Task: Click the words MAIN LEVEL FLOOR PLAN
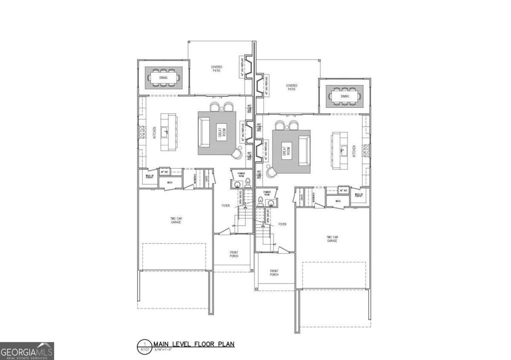tap(194, 344)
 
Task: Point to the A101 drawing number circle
tap(145, 346)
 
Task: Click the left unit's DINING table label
tap(164, 78)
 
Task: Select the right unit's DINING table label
tap(345, 96)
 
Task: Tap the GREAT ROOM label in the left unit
tap(219, 133)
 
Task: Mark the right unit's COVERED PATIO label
tap(291, 87)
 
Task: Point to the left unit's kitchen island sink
tap(168, 131)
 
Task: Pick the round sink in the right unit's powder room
tap(271, 203)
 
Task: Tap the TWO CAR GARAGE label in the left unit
tap(175, 220)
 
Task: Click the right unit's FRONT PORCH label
tap(274, 273)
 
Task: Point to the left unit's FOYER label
tap(226, 205)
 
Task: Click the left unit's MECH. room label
tap(170, 183)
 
